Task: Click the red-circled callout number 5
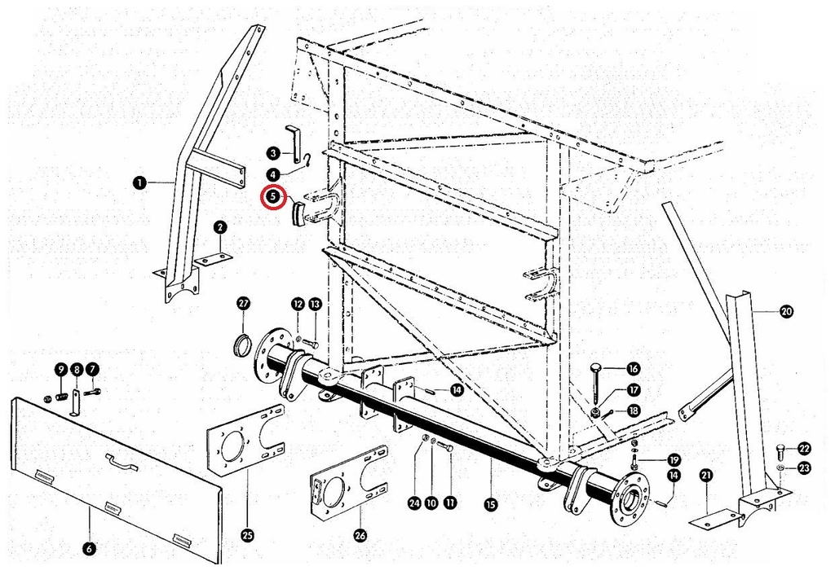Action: point(273,197)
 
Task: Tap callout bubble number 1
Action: point(139,183)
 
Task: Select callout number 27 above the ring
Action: point(243,304)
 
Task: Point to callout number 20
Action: point(786,311)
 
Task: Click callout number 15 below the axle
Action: point(490,503)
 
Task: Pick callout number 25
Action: point(248,536)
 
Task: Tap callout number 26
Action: point(360,535)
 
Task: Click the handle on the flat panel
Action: point(122,462)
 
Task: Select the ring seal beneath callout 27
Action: point(243,344)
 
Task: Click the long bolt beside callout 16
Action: point(596,384)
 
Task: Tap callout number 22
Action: point(804,449)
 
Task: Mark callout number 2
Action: point(220,227)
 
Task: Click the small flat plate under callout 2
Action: point(214,260)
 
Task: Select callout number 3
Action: point(273,154)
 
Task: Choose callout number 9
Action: point(60,369)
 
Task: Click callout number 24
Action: point(414,503)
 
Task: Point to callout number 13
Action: point(316,304)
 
